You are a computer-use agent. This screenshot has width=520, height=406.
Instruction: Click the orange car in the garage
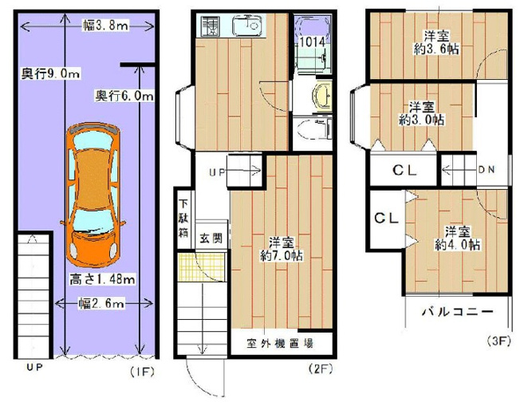(x=93, y=195)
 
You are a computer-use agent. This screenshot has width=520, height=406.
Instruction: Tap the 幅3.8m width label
(x=105, y=26)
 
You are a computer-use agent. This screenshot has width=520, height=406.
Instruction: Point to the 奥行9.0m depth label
(x=50, y=73)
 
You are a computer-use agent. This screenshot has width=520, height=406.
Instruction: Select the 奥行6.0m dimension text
(x=124, y=97)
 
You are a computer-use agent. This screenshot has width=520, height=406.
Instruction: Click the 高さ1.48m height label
(x=102, y=279)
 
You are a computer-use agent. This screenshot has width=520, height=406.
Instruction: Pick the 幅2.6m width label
(x=102, y=303)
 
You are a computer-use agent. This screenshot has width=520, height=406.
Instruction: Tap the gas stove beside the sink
(x=209, y=26)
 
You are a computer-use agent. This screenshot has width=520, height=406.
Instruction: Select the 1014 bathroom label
(x=312, y=42)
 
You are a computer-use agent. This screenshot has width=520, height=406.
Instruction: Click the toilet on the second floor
(x=314, y=128)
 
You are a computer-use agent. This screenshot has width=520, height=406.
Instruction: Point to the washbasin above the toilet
(x=321, y=97)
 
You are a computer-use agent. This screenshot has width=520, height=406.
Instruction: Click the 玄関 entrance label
(x=211, y=238)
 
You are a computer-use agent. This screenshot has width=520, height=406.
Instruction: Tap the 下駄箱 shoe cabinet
(x=183, y=219)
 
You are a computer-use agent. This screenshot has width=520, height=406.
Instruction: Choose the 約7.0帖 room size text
(x=282, y=256)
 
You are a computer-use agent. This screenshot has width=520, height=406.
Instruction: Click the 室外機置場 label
(x=280, y=343)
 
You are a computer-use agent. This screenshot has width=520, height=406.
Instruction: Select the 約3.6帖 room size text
(x=436, y=49)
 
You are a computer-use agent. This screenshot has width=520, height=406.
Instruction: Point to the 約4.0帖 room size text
(x=457, y=245)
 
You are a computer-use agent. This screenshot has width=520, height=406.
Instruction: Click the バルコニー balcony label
(x=458, y=312)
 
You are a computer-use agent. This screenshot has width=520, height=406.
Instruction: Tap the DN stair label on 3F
(x=487, y=170)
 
